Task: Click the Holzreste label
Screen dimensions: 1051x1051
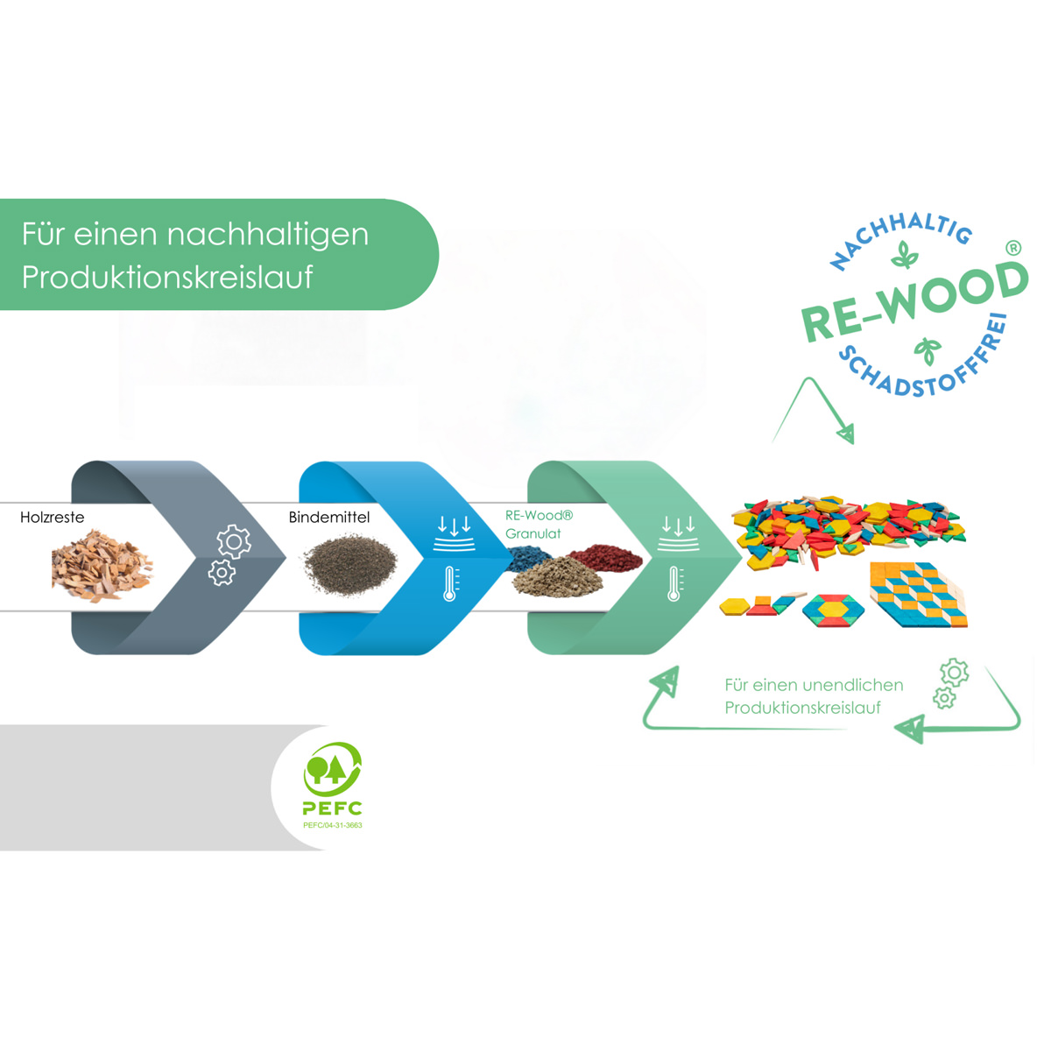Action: click(53, 518)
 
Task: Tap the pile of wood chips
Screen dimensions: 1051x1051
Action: click(102, 564)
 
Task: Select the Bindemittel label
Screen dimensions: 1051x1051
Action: click(329, 518)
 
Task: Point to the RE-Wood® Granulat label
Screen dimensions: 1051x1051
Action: click(538, 525)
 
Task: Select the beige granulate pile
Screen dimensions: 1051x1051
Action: click(556, 577)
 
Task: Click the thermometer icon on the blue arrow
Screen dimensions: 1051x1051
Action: click(450, 583)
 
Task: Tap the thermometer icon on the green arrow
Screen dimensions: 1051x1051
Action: click(674, 583)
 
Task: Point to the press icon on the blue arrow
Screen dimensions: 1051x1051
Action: click(455, 533)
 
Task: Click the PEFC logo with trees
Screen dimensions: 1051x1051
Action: click(332, 771)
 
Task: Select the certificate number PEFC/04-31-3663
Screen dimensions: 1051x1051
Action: click(333, 825)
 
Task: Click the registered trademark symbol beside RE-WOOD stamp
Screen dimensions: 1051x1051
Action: click(1013, 249)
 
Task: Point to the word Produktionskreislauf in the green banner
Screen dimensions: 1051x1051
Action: click(167, 278)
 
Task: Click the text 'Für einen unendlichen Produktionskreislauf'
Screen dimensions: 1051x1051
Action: click(814, 696)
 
